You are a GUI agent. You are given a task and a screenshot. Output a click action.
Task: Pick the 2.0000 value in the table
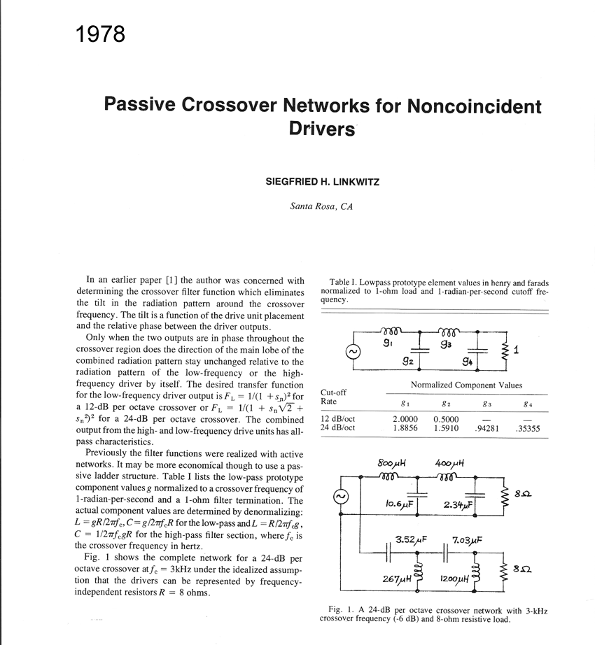tap(405, 419)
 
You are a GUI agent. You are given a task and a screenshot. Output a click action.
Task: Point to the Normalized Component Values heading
tap(466, 385)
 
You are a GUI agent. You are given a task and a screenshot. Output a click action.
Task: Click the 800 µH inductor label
tap(392, 462)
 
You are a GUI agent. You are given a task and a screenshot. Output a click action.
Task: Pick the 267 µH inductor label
tap(396, 579)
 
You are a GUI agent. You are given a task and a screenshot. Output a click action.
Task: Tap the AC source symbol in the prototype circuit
tap(353, 351)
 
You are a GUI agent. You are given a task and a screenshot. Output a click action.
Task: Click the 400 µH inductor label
tap(450, 462)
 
